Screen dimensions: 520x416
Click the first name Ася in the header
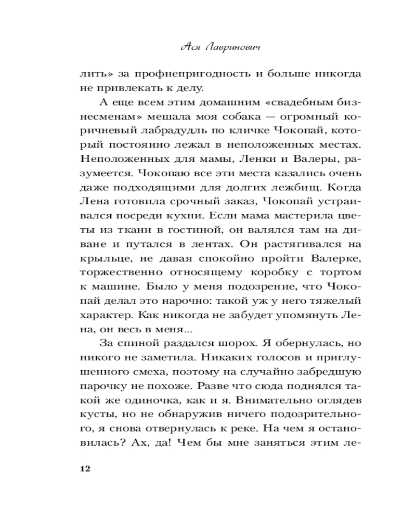point(187,47)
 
